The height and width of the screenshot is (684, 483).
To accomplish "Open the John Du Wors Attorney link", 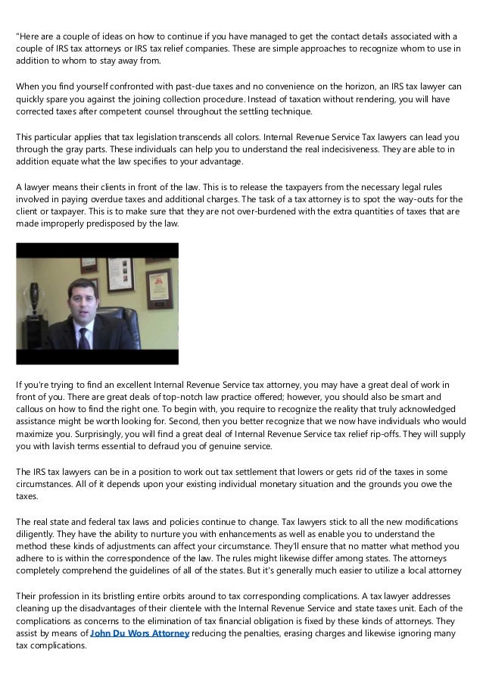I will coord(139,633).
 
